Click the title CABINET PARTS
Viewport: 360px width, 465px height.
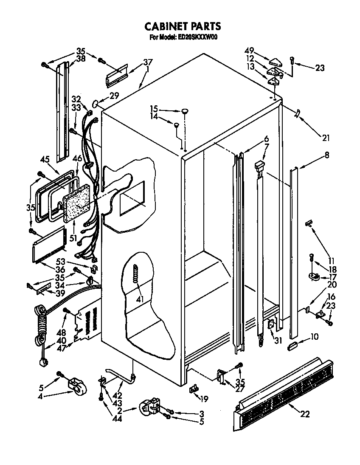click(x=183, y=26)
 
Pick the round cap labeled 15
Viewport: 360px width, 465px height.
click(x=185, y=111)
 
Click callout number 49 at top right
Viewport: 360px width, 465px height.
click(x=250, y=50)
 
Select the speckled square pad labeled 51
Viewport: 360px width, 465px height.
click(x=77, y=202)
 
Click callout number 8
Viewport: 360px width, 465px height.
click(x=326, y=156)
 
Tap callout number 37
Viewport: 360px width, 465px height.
click(x=147, y=62)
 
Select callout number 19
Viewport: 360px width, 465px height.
click(x=204, y=399)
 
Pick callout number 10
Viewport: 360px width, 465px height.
click(x=315, y=337)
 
